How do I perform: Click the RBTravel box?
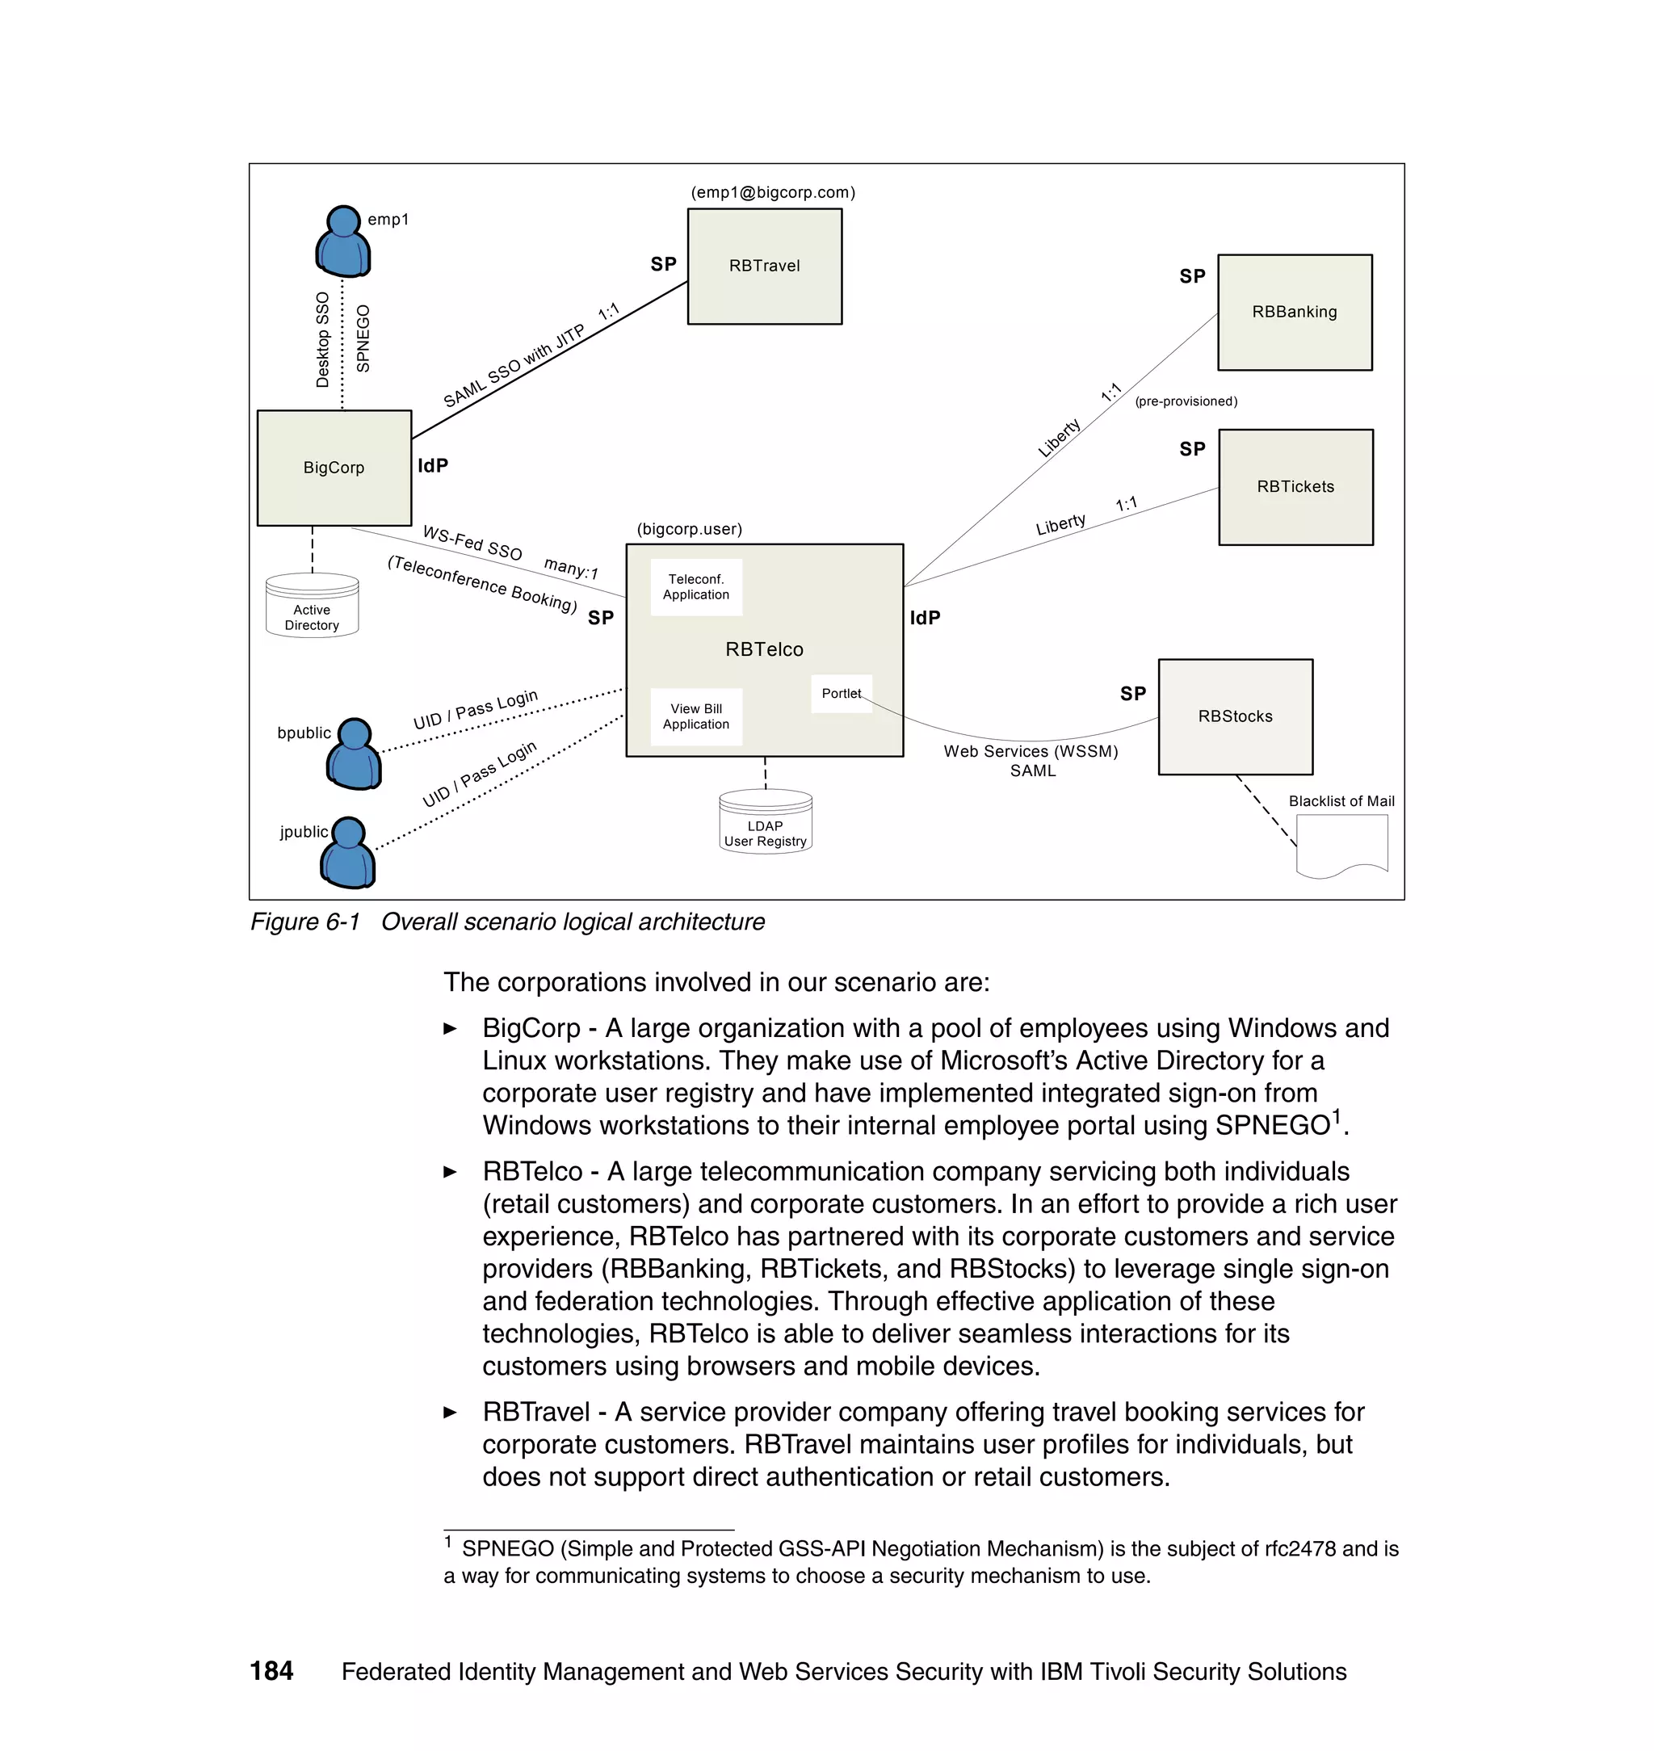(x=764, y=267)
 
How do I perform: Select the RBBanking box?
(x=1295, y=312)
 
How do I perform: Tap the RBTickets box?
(x=1295, y=487)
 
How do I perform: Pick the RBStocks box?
(x=1235, y=717)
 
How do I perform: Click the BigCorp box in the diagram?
(x=334, y=468)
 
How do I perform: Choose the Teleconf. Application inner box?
(x=695, y=587)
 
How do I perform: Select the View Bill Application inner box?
(x=695, y=717)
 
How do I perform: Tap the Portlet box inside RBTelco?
(x=841, y=694)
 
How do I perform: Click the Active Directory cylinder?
(x=312, y=607)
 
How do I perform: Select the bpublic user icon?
(x=355, y=754)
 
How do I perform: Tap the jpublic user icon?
(x=348, y=853)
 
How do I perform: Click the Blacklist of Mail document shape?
(x=1341, y=845)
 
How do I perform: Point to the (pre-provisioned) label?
(x=1186, y=402)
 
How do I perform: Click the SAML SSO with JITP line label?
(x=513, y=367)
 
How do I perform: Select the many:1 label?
(x=571, y=568)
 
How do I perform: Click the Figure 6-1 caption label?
(x=305, y=922)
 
